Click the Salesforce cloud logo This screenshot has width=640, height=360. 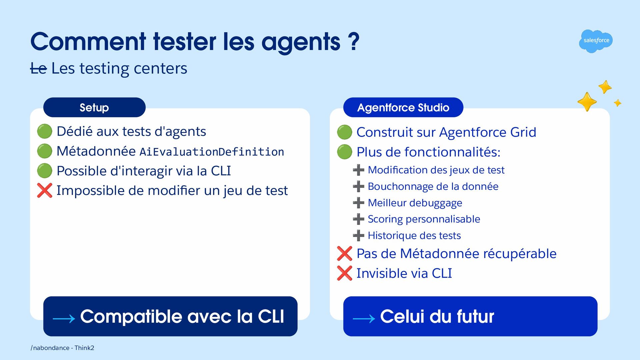(596, 41)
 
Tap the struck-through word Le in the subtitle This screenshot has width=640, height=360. (38, 69)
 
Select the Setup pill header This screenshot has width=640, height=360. (94, 107)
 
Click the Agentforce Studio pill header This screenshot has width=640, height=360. (403, 107)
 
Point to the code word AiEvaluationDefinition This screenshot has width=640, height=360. (212, 152)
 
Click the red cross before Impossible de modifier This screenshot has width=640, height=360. (45, 190)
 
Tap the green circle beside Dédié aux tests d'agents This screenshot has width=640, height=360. (45, 131)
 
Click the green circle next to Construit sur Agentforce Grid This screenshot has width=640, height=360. (345, 132)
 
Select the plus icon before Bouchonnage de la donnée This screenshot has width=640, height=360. (359, 186)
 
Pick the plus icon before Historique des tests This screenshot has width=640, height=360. (359, 235)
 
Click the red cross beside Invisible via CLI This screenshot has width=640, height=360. (345, 273)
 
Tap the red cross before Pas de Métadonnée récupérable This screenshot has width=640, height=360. (345, 254)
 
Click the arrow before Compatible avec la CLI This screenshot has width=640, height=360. (64, 319)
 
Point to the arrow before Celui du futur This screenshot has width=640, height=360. (364, 319)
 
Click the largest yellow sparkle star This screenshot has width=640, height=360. (587, 102)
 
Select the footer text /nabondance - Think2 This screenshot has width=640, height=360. (62, 348)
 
